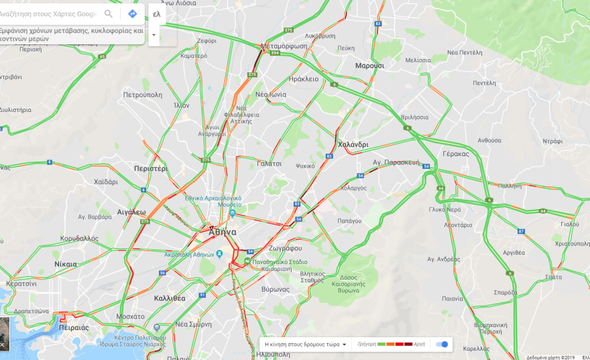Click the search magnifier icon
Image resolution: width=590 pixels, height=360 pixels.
coord(109,13)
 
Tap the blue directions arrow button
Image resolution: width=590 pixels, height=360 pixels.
coord(132,13)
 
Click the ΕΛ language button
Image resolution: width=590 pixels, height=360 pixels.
coord(156,14)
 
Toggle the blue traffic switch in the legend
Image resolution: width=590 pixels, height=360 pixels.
coord(442,344)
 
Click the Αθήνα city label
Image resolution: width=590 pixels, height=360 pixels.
coord(223,232)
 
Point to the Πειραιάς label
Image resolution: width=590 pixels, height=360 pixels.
coord(74,328)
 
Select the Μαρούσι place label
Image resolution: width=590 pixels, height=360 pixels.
coord(369,66)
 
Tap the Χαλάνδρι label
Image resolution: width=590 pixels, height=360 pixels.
coord(353,144)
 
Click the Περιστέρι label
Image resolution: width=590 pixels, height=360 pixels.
coord(150,168)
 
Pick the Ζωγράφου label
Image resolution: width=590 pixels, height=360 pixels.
coord(285,247)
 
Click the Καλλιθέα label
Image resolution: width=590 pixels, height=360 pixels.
coord(170,298)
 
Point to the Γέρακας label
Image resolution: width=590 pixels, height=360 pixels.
coord(456,154)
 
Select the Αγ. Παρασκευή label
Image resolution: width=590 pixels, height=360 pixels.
coord(396,162)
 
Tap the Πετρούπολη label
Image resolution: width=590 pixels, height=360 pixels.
coord(143,95)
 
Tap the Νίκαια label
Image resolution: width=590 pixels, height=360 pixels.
coord(66,264)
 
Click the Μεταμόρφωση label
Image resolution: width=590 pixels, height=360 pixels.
coord(284,46)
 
